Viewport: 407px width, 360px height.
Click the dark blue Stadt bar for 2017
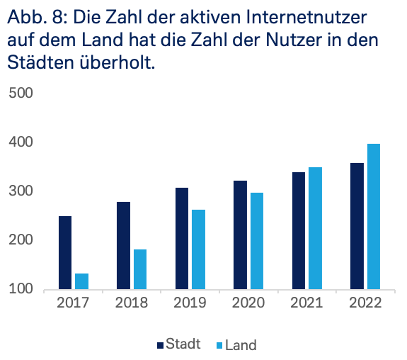(65, 252)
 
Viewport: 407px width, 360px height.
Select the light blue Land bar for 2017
(82, 281)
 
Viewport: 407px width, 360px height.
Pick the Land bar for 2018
(140, 269)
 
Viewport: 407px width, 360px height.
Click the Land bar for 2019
(198, 249)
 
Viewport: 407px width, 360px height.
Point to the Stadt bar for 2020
(240, 235)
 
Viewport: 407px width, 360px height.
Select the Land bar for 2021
(314, 228)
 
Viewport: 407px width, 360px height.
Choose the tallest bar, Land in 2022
(373, 216)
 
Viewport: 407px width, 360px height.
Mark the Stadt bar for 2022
(357, 226)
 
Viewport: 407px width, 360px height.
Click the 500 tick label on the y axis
(20, 94)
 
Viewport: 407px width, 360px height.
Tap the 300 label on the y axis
(20, 191)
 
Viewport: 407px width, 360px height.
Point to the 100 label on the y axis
(20, 289)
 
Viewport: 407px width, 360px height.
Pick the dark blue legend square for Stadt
(160, 345)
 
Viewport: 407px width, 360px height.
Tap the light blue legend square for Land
(219, 345)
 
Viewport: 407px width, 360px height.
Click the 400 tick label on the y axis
(20, 142)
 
